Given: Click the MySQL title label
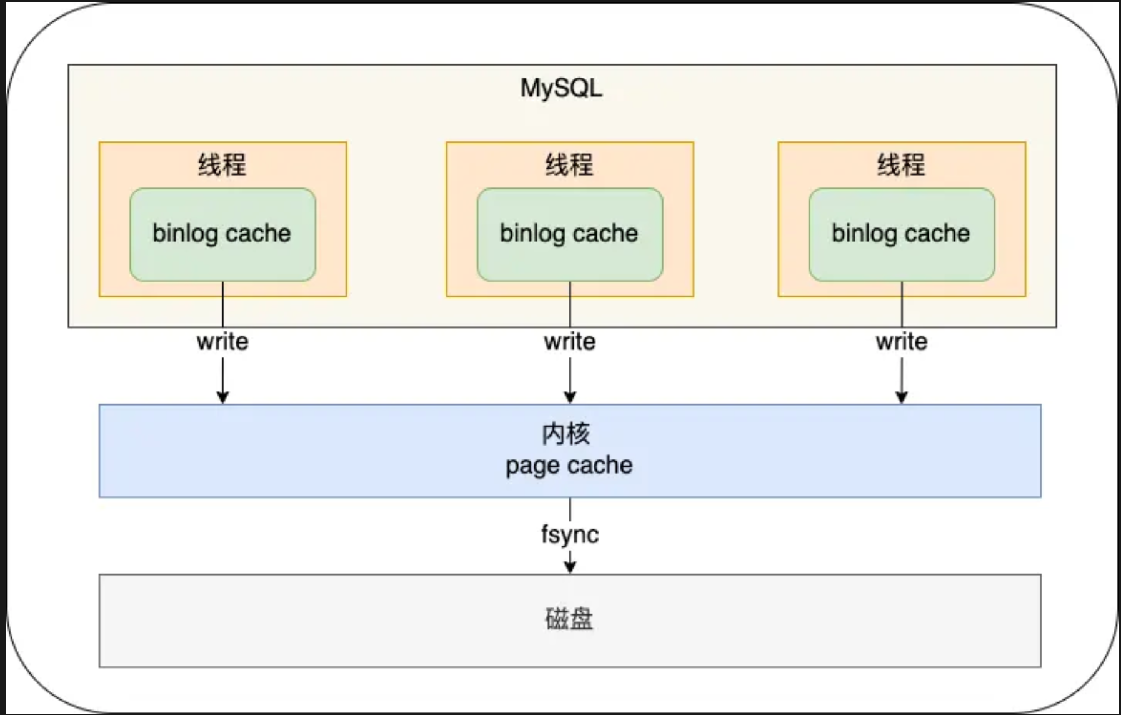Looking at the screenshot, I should [561, 88].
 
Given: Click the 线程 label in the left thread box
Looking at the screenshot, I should [222, 165].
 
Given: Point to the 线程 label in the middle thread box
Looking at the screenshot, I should [569, 165].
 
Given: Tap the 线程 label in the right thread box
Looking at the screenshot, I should [901, 165].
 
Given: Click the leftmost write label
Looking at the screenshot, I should [222, 342].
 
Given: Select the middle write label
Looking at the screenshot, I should [570, 342].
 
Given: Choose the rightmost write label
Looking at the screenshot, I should [902, 342].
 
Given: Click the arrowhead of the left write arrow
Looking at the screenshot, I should [222, 397].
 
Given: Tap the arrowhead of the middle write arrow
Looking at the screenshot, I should [570, 397].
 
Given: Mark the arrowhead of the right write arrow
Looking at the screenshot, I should [901, 397].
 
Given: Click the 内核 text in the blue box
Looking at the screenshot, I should [566, 434].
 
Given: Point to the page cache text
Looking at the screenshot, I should [569, 466].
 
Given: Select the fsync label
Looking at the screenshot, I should [570, 534].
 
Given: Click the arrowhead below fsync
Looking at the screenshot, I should [570, 567].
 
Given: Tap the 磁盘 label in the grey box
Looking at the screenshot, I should [569, 619].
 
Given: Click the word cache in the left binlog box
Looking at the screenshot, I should [258, 233].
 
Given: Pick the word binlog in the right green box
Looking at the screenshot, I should [864, 233].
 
